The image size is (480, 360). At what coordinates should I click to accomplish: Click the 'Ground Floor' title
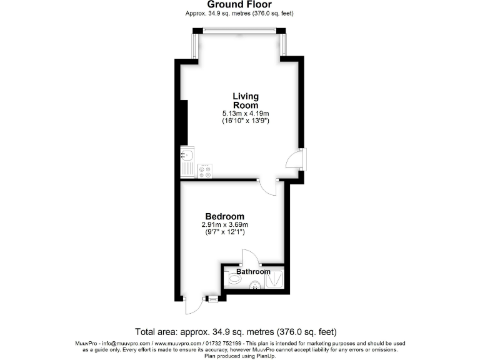click(240, 5)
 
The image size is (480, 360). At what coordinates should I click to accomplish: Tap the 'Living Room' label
click(246, 101)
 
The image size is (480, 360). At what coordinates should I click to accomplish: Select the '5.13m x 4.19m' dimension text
click(246, 114)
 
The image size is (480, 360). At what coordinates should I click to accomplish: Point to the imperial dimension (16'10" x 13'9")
click(246, 122)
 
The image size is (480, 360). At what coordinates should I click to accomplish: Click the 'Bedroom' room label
click(224, 217)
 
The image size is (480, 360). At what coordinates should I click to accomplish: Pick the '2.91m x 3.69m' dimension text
click(224, 225)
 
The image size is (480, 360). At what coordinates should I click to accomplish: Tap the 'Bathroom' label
click(253, 272)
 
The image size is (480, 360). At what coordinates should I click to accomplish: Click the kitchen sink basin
click(186, 154)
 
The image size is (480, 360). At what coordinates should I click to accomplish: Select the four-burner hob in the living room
click(205, 171)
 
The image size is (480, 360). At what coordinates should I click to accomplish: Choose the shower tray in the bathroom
click(275, 280)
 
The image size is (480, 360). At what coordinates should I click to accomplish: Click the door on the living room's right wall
click(295, 159)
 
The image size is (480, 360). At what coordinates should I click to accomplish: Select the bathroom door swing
click(249, 258)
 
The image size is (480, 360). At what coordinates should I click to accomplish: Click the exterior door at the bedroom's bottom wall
click(193, 305)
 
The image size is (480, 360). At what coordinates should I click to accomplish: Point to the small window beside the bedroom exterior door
click(213, 299)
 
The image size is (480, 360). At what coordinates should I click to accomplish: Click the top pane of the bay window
click(240, 30)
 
